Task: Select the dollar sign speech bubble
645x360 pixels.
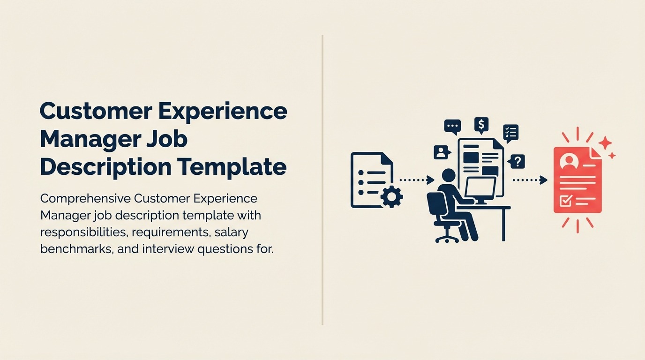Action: pos(481,125)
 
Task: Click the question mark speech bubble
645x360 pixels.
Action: pos(517,162)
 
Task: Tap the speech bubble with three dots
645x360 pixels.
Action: pos(452,127)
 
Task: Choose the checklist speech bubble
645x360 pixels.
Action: pos(510,133)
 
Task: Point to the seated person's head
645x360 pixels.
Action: pos(449,176)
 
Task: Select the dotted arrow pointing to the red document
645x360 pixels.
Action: pos(530,180)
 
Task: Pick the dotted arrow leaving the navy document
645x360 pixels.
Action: pos(416,180)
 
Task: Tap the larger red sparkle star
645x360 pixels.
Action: pos(605,142)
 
